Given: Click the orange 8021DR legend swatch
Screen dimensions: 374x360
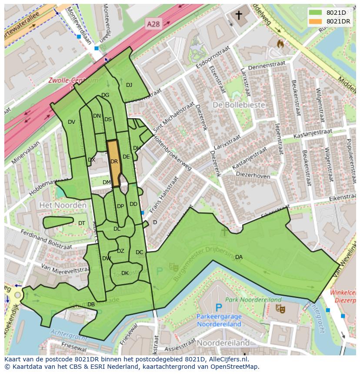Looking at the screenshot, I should pos(316,21).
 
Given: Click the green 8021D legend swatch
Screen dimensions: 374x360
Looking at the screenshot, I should pos(316,13).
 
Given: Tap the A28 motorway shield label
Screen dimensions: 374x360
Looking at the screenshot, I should pos(153,25).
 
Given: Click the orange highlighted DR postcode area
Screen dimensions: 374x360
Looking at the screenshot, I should pos(114,163).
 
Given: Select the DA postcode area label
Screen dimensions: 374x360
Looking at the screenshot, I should pos(239,257).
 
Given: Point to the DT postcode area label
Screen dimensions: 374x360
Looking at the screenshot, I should pos(82,223).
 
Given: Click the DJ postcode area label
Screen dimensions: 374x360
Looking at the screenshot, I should pos(129,85).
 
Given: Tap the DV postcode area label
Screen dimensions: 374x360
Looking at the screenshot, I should pos(72,122).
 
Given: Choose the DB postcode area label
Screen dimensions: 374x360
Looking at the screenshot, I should pos(91,304).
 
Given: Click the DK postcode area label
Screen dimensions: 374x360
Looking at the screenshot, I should pos(125,273).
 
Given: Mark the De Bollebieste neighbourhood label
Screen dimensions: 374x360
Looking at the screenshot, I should pos(235,105).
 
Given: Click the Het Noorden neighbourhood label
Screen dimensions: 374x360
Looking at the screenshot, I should pos(63,205).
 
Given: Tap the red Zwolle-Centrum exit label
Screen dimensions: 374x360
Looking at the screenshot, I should pos(73,81).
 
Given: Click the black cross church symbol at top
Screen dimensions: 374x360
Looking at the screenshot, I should pos(239,16).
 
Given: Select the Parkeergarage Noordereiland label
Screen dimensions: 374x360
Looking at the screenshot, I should pos(220,320).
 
